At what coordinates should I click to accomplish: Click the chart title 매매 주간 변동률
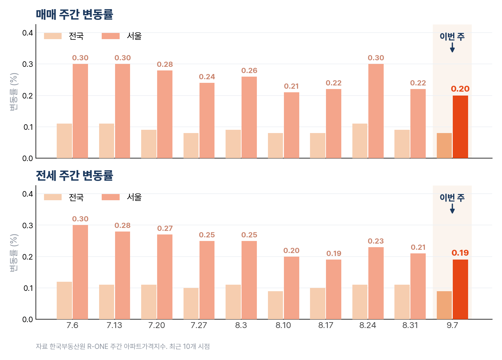[x=74, y=14]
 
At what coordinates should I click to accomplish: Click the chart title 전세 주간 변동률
[x=74, y=175]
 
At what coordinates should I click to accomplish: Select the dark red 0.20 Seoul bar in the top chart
[x=460, y=127]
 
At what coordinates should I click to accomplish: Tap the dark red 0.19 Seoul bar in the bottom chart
[x=460, y=289]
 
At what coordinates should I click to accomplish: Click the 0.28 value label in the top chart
[x=165, y=65]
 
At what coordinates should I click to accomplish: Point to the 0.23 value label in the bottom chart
[x=376, y=241]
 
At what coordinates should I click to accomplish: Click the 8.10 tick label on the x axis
[x=283, y=325]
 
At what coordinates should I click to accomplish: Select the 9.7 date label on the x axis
[x=452, y=325]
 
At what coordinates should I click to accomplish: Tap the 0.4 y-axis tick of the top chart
[x=28, y=33]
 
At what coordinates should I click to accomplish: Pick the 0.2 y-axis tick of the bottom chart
[x=28, y=257]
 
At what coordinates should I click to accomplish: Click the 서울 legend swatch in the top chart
[x=111, y=36]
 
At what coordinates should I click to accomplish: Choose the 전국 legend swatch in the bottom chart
[x=53, y=197]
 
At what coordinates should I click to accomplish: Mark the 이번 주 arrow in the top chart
[x=452, y=47]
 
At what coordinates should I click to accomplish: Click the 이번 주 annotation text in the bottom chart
[x=452, y=198]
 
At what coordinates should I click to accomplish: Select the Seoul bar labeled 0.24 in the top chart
[x=207, y=121]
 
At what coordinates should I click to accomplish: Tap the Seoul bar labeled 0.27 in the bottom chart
[x=165, y=277]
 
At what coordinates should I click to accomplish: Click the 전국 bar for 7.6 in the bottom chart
[x=64, y=300]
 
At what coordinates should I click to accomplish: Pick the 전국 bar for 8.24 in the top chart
[x=360, y=141]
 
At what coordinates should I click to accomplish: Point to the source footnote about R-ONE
[x=123, y=347]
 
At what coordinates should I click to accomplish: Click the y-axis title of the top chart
[x=14, y=92]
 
